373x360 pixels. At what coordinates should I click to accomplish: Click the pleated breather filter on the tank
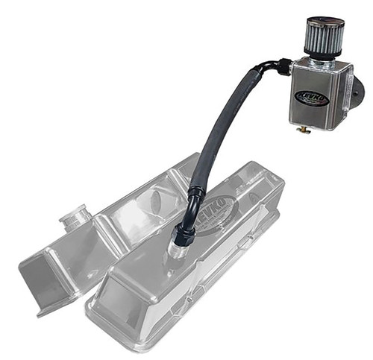coord(325,42)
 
